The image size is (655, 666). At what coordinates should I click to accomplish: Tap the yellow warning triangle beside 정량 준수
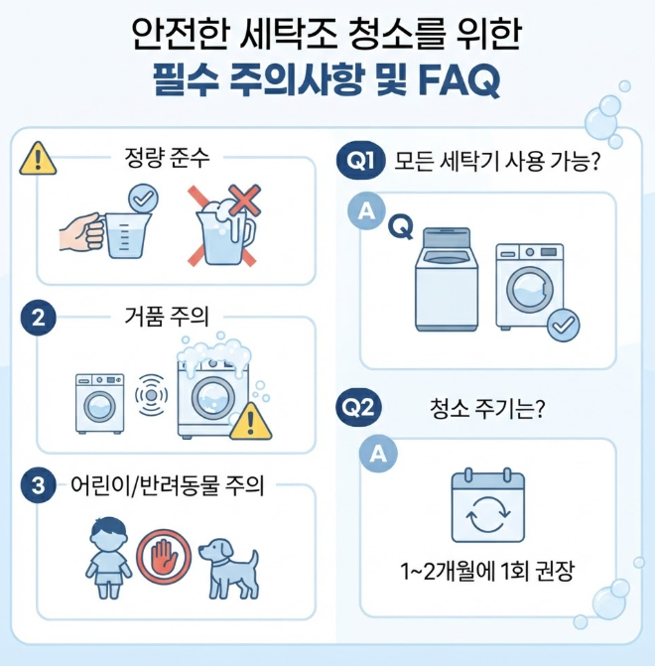point(38,159)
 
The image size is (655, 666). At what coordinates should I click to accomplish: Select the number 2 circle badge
point(39,318)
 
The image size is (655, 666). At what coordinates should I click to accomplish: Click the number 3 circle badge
point(39,485)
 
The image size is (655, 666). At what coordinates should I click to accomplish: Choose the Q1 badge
point(360,160)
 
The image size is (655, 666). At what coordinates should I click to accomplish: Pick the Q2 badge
point(358,407)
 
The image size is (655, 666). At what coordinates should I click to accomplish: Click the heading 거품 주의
point(167,317)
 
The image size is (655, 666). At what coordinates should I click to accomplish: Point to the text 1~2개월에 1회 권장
point(487,571)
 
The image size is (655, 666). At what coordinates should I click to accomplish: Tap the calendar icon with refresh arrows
point(487,505)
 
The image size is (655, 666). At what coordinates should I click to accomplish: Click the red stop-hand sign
point(164,557)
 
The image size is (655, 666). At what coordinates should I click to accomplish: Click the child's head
point(109,534)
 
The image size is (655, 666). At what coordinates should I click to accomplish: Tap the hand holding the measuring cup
point(81,231)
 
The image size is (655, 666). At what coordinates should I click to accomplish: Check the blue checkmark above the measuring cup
point(143,199)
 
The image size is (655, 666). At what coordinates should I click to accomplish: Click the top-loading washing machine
point(447,279)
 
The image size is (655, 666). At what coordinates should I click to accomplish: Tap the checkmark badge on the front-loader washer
point(564,326)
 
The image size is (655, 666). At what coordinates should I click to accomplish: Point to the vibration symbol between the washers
point(151,395)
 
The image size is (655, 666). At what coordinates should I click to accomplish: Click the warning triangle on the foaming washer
point(251,422)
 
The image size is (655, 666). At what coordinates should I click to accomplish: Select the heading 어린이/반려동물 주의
point(167,485)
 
